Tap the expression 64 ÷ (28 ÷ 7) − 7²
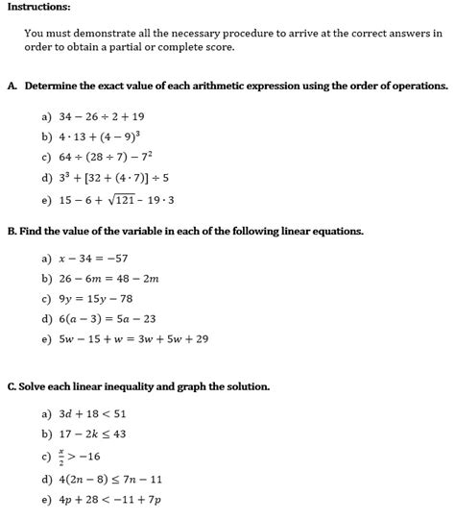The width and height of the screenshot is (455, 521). pyautogui.click(x=107, y=158)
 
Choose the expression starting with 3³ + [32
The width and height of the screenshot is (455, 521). pyautogui.click(x=113, y=178)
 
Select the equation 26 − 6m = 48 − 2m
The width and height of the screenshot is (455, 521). pyautogui.click(x=107, y=279)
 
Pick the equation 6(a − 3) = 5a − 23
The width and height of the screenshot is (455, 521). pyautogui.click(x=106, y=319)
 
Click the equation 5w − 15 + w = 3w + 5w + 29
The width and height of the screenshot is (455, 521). pyautogui.click(x=132, y=339)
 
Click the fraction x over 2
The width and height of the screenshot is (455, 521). pyautogui.click(x=62, y=456)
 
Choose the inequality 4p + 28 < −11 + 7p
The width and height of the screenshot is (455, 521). pyautogui.click(x=108, y=500)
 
